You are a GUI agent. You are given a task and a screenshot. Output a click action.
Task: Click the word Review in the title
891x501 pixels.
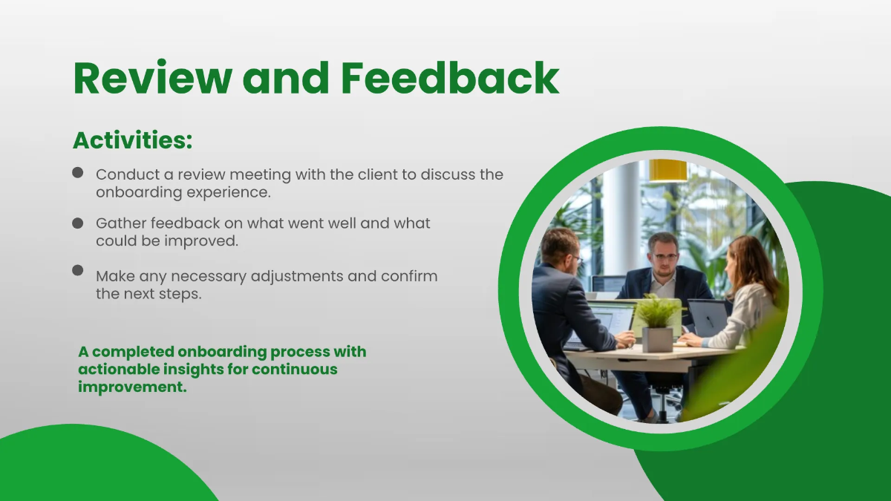pos(151,78)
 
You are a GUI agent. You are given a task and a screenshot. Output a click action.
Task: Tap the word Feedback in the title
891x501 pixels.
pos(450,78)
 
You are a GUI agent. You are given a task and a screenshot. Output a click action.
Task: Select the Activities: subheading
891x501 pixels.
pos(133,140)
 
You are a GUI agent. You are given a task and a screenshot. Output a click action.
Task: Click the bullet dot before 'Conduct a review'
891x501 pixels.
pos(78,172)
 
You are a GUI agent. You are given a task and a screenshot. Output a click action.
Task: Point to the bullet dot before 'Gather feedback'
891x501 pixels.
pos(78,223)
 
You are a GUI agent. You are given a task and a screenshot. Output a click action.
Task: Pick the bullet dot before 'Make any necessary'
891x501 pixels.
pos(78,270)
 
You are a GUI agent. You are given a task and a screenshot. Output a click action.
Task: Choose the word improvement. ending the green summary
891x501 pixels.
pos(132,387)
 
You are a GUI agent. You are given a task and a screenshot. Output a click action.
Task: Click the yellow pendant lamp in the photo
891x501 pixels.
pos(668,170)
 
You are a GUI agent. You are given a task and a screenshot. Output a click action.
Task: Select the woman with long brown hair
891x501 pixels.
pos(746,289)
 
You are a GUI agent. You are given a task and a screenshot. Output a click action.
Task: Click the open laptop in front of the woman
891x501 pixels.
pos(707,317)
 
